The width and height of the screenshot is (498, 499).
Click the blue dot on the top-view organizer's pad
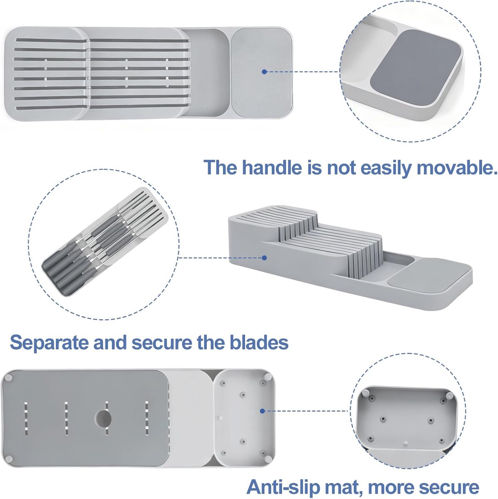[264, 72]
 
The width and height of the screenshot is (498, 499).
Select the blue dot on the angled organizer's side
[264, 258]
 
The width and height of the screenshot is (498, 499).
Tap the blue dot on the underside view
[262, 411]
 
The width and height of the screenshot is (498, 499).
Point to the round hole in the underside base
[103, 417]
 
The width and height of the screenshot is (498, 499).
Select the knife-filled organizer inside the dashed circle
[104, 241]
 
